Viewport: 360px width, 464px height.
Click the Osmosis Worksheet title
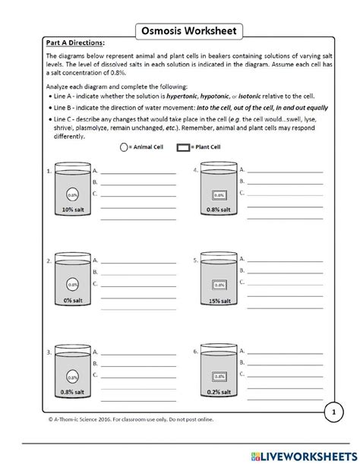click(180, 31)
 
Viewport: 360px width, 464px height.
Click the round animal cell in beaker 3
click(72, 374)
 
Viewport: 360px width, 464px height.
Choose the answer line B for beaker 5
click(285, 271)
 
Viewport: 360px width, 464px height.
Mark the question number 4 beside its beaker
click(195, 172)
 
